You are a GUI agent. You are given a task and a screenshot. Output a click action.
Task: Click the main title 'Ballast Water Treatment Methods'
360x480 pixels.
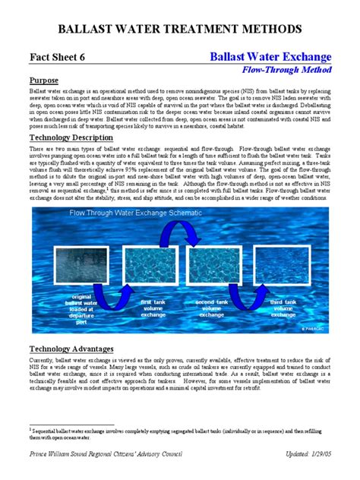(180, 30)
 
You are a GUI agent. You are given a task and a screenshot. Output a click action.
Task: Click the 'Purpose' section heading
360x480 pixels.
(45, 81)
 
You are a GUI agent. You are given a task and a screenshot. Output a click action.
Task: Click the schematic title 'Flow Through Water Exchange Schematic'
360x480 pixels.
(145, 214)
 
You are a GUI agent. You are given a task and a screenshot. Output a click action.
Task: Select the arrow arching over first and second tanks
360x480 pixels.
(185, 235)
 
